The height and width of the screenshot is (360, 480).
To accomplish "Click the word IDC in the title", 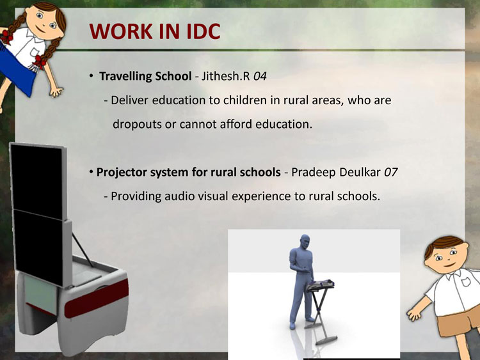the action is [203, 31].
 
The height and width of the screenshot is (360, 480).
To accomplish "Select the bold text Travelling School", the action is [145, 76].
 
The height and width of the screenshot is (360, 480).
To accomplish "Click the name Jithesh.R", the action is [226, 76].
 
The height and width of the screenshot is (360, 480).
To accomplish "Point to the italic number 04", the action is [260, 76].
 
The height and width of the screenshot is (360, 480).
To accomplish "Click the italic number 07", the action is [390, 172].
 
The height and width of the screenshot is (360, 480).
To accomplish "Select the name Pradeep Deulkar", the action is [336, 172].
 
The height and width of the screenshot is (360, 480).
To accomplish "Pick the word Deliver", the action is [130, 100].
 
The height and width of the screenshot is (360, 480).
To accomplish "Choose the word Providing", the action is [136, 196].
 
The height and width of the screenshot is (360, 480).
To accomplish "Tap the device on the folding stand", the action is [321, 285].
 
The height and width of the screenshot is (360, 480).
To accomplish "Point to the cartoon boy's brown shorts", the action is [458, 325].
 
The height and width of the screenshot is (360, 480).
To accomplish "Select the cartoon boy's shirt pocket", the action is [465, 281].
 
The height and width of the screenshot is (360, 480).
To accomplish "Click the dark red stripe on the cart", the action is [96, 299].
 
